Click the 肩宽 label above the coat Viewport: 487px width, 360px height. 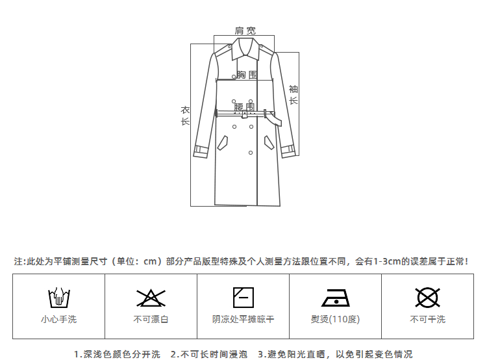(245, 31)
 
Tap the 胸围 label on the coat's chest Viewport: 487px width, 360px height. (246, 75)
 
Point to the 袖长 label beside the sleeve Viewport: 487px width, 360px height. (293, 95)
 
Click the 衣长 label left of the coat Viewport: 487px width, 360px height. (185, 116)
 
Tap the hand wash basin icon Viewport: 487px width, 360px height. (58, 298)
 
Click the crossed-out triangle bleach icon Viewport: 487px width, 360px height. (151, 298)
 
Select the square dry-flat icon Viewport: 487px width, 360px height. (243, 297)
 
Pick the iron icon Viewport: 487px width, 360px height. (335, 298)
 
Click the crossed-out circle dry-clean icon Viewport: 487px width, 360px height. (427, 298)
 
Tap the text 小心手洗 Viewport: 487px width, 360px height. (58, 319)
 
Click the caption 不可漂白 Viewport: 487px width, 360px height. (151, 319)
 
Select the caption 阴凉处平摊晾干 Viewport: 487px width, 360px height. (243, 319)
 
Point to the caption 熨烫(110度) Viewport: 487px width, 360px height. (335, 319)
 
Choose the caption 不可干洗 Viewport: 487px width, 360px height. (427, 319)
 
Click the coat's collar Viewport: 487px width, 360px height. (245, 47)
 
